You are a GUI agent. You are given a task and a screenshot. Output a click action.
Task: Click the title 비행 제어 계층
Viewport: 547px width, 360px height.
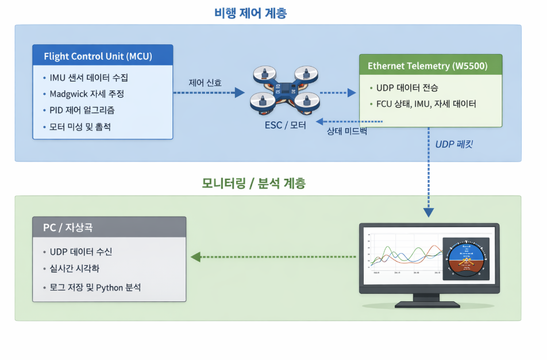click(251, 13)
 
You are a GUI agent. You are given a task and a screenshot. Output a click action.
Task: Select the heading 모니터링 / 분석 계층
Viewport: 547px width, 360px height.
click(254, 184)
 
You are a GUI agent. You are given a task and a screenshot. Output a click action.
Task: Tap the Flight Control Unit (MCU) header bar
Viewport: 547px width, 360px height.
click(102, 56)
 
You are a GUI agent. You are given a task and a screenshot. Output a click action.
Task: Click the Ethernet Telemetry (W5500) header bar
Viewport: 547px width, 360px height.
click(430, 66)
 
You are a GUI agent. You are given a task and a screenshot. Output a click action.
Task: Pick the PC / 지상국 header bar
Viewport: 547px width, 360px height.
click(109, 227)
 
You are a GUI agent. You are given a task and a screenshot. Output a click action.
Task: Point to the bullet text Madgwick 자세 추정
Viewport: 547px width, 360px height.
click(87, 94)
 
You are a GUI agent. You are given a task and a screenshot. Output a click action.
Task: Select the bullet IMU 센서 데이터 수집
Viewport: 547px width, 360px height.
click(89, 78)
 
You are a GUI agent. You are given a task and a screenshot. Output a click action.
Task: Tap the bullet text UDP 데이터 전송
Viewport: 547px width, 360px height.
click(407, 88)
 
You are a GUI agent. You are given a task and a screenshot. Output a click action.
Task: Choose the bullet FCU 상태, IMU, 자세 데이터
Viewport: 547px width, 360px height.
click(426, 104)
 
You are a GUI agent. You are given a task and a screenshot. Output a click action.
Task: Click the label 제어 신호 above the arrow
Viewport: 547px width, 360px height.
click(205, 82)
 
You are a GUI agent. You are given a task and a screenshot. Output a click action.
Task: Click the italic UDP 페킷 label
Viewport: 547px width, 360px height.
click(454, 144)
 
